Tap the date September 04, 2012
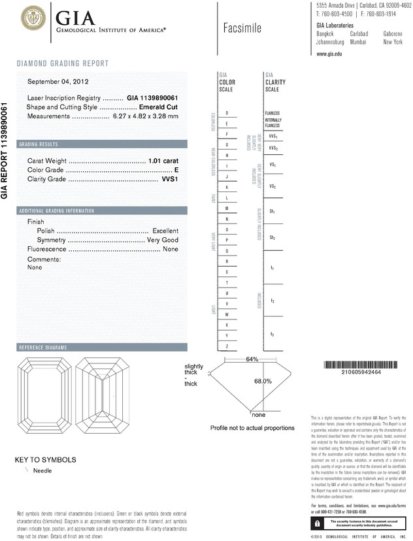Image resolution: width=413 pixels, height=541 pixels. (x=58, y=82)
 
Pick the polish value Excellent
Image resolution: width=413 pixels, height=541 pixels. (x=165, y=231)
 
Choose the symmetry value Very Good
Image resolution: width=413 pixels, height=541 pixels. (x=161, y=240)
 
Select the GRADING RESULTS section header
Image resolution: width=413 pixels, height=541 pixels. (x=39, y=144)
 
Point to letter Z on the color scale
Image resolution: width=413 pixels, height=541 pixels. (x=227, y=346)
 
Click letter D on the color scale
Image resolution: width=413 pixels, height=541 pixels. (x=227, y=113)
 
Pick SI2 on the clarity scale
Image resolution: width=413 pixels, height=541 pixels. (x=272, y=237)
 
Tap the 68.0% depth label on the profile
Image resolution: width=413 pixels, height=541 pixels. (x=263, y=381)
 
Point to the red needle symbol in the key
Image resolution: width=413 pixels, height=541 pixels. (x=27, y=470)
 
